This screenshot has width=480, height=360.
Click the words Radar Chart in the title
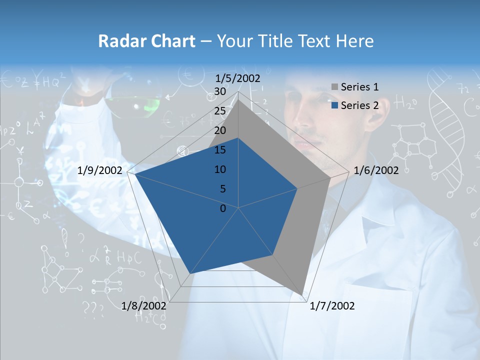146,41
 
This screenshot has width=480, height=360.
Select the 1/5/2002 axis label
238,78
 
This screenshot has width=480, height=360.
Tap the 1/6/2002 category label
376,170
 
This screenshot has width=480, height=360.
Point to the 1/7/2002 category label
332,306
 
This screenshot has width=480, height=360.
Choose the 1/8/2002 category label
144,306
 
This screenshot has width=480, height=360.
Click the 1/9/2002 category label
100,170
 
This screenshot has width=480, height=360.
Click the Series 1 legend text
359,87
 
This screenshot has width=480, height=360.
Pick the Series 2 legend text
359,105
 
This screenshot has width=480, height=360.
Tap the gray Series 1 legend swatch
334,87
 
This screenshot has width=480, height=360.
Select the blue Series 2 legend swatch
334,105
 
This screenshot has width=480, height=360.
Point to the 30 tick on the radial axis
219,92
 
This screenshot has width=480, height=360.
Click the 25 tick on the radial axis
219,111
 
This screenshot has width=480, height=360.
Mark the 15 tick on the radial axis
219,150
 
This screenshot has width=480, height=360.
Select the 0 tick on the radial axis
223,208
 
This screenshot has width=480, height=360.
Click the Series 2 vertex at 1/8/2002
189,274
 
